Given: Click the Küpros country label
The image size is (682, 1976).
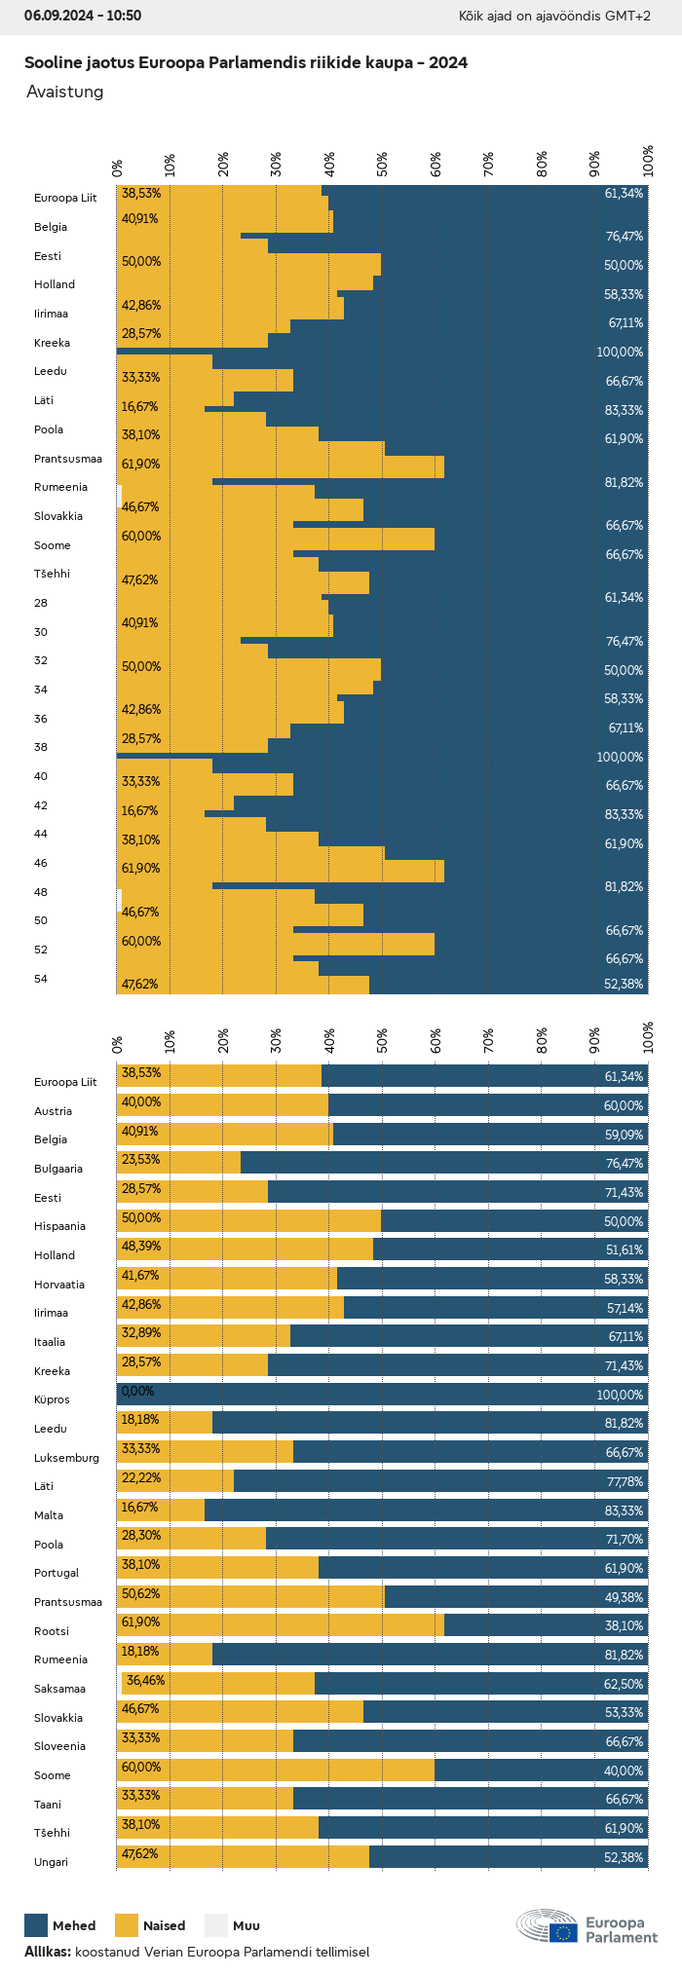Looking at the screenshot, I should click(x=52, y=1399).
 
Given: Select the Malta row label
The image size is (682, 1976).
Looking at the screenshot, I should click(x=49, y=1515).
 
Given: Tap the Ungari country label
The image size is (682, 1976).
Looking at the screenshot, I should click(x=51, y=1862).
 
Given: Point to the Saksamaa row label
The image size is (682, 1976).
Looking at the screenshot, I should click(x=59, y=1689).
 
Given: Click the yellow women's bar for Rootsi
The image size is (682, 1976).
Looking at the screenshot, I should click(x=281, y=1624).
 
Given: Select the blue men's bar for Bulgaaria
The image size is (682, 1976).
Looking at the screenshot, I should click(x=443, y=1163).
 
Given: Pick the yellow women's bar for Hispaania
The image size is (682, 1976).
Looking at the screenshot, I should click(x=248, y=1220).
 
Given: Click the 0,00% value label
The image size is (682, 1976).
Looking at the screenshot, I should click(x=137, y=1391).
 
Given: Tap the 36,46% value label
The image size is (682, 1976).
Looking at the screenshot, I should click(x=145, y=1680).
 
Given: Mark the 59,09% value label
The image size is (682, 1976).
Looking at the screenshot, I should click(x=624, y=1135).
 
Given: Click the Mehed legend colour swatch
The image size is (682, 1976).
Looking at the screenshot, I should click(x=36, y=1924).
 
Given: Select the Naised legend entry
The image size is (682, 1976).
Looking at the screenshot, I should click(x=150, y=1925).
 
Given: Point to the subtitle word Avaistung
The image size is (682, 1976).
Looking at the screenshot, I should click(x=64, y=92).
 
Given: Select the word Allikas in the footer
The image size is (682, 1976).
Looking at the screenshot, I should click(x=47, y=1952).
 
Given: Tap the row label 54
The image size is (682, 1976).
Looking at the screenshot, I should click(x=41, y=979).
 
